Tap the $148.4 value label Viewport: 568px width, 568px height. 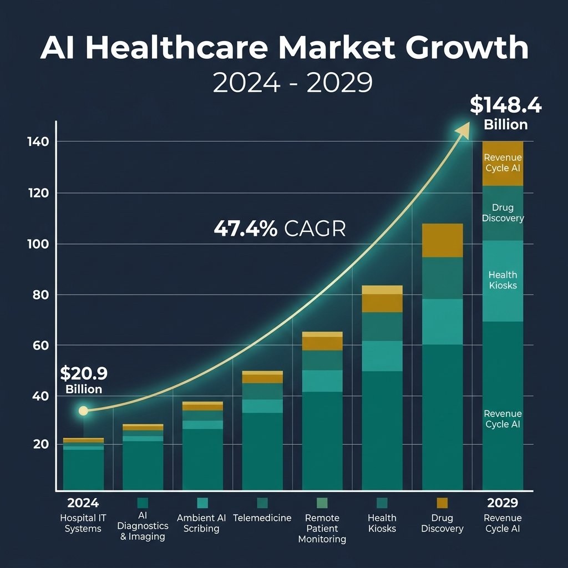505,105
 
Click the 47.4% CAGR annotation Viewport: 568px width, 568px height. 280,229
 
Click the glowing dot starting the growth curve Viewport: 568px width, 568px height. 83,411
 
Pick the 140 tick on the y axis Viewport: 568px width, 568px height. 38,141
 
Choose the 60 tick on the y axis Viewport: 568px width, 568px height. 38,346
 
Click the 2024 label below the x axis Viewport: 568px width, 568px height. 83,503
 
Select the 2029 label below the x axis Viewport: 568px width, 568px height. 502,503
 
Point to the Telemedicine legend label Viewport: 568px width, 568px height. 262,518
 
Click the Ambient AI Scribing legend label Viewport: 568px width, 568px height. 201,523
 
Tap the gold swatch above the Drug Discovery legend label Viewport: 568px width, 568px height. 442,503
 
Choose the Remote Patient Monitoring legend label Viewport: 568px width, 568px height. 322,528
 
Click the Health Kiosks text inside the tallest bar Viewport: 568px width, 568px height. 503,280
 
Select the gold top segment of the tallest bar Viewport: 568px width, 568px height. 503,164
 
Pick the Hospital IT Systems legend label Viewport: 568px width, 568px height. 83,523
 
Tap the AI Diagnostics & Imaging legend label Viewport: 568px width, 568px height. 143,527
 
